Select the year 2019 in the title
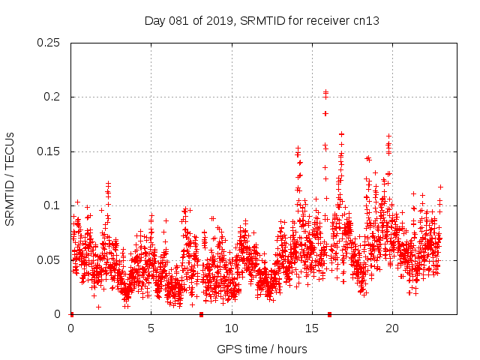tap(220, 21)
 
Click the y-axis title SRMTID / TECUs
tap(10, 178)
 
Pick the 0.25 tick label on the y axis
tap(49, 43)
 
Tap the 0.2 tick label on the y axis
tap(52, 97)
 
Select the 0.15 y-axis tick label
tap(49, 151)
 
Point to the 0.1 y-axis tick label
tap(52, 205)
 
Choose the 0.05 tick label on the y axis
tap(49, 260)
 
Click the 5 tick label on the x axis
tap(151, 328)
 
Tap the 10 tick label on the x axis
tap(232, 328)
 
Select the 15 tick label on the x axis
tap(312, 328)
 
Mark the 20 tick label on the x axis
tap(392, 328)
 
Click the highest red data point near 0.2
tap(325, 92)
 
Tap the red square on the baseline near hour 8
tap(201, 314)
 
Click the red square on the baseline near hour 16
tap(329, 314)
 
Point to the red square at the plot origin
tap(71, 314)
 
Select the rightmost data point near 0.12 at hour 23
tap(440, 187)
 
